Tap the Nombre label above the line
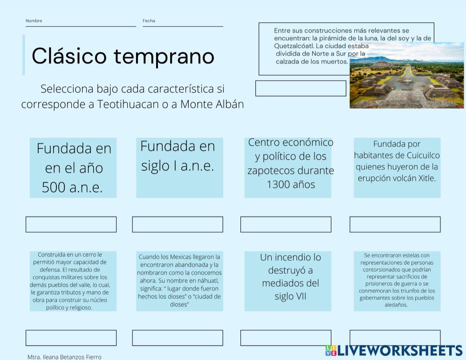(34, 21)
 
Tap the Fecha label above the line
(149, 21)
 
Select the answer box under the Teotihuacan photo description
(301, 88)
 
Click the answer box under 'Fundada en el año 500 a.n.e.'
(71, 224)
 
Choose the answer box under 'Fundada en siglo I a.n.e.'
(178, 224)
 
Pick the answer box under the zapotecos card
(286, 224)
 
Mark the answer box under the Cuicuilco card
(395, 224)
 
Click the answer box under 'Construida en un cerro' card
(71, 338)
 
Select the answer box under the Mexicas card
(178, 338)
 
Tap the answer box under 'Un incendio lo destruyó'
(286, 338)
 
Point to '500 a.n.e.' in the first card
(72, 187)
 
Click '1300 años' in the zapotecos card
(291, 184)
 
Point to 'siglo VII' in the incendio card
(290, 296)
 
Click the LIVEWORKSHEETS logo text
(400, 351)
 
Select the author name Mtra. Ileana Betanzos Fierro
(64, 357)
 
